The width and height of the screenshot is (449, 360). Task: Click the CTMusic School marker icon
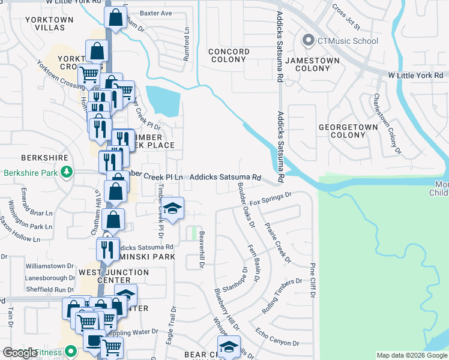(x=309, y=41)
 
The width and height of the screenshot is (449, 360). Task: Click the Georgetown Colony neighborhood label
(x=348, y=131)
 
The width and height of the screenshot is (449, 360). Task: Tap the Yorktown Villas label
(x=49, y=23)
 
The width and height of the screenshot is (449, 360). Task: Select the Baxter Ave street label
(x=156, y=13)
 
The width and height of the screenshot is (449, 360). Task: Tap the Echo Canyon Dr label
(x=277, y=335)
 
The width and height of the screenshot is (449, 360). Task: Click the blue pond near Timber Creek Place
(x=163, y=100)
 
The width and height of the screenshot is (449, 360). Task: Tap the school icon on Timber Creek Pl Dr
(x=172, y=209)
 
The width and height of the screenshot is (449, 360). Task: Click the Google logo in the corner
(x=20, y=353)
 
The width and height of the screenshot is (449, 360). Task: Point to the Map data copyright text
(x=411, y=355)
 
